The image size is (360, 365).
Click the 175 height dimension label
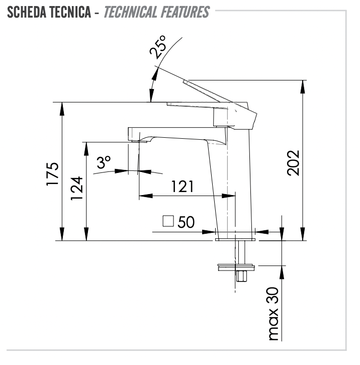(53, 174)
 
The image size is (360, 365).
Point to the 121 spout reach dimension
(182, 187)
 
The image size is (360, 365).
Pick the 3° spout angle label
(104, 162)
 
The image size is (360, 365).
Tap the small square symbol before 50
(168, 221)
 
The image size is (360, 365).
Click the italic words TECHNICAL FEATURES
(156, 12)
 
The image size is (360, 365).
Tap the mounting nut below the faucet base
(237, 267)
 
